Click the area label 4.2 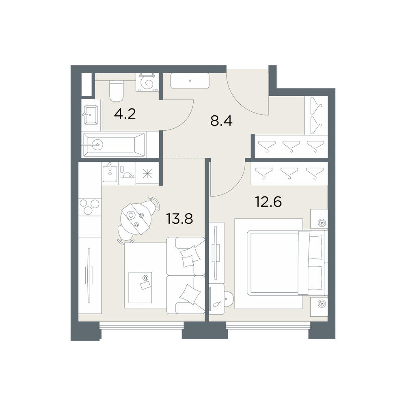125,114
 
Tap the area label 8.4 221,121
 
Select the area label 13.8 179,218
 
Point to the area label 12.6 268,202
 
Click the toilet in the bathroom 116,91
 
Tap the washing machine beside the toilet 147,82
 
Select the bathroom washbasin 91,115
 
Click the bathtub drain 97,145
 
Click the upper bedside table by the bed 319,219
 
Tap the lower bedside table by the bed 319,307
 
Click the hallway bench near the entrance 190,81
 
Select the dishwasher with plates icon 127,173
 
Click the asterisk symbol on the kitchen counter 147,173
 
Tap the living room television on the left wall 89,275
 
